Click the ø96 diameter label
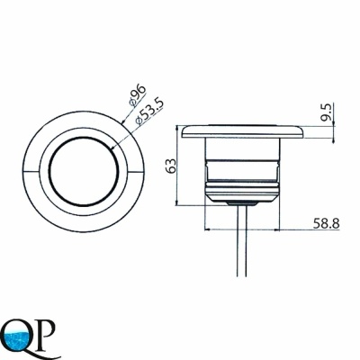click(138, 94)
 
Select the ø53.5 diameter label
click(149, 112)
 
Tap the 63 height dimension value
click(172, 166)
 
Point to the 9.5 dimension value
click(327, 112)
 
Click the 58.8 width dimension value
click(326, 223)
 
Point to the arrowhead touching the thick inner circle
click(113, 147)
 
